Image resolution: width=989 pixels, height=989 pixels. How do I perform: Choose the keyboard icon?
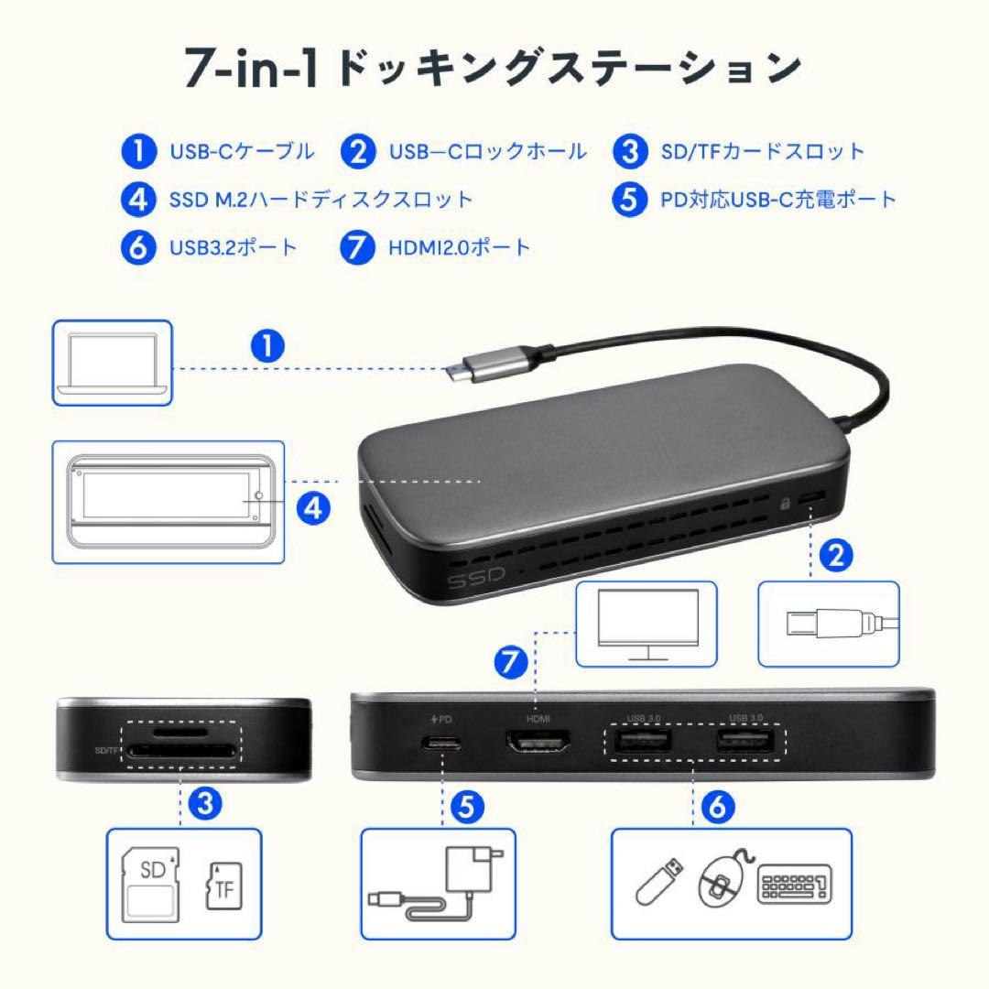[x=795, y=885]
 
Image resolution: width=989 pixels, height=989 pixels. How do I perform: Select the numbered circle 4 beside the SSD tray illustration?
[x=313, y=507]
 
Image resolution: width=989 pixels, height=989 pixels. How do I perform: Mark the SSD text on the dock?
[x=473, y=581]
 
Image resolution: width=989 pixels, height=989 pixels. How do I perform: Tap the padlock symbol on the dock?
[x=784, y=504]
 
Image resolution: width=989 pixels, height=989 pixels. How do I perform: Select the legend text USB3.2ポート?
[x=234, y=247]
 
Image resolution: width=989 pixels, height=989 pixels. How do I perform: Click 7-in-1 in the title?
[x=250, y=69]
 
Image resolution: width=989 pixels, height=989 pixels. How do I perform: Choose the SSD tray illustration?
[x=168, y=501]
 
